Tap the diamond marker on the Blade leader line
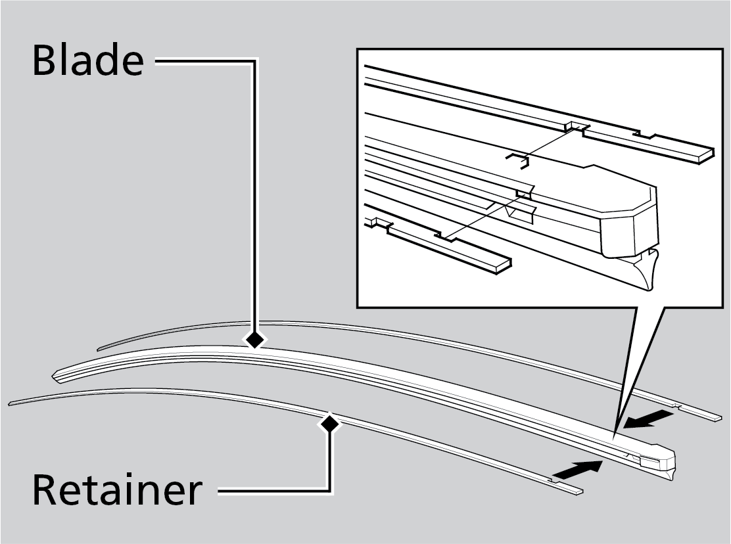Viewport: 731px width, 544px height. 254,340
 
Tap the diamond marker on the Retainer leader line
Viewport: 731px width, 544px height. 329,424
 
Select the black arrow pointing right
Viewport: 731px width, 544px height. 578,469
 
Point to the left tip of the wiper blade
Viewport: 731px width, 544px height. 57,376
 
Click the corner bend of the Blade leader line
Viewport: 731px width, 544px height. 254,62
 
